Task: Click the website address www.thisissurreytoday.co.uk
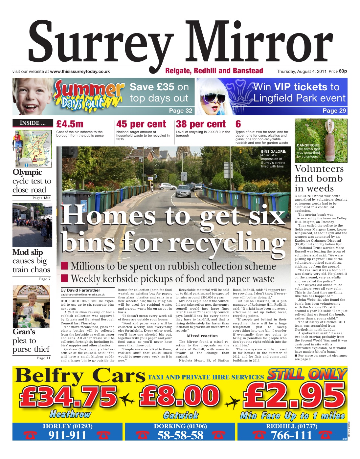pos(80,71)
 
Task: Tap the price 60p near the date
pos(343,71)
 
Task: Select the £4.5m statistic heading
pos(70,124)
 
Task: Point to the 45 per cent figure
pos(141,124)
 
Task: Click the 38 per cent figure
pos(201,124)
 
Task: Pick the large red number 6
pos(238,124)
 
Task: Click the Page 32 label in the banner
pos(180,111)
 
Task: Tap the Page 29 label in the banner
pos(334,111)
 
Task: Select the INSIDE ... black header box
pos(33,123)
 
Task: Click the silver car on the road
pos(183,191)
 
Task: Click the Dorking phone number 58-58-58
pos(180,435)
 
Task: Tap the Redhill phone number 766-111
pos(291,435)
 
